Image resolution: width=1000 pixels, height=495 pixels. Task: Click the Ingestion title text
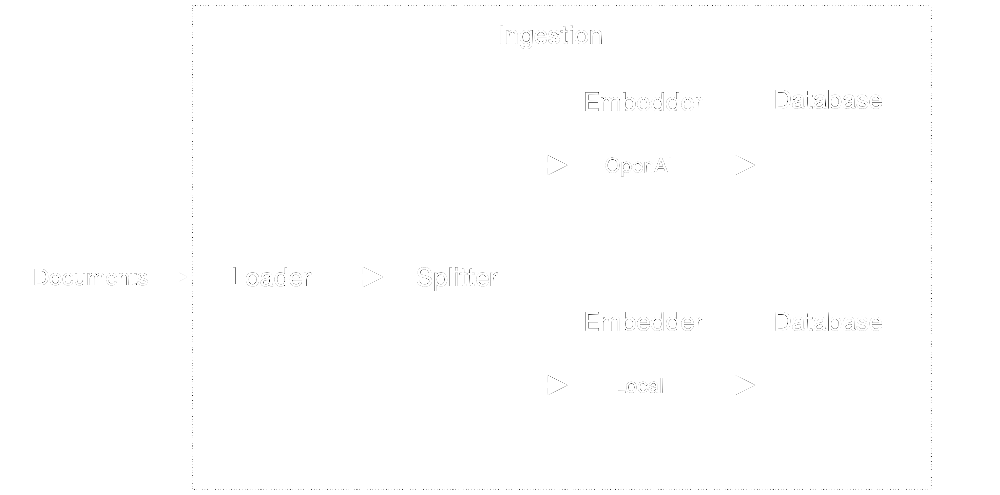550,35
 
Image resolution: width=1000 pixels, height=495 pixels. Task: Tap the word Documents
91,278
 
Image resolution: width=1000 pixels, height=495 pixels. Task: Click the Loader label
271,278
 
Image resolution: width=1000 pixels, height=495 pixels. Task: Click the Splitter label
457,278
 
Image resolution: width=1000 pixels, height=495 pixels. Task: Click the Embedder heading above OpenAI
643,102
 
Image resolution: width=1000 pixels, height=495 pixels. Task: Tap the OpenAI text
638,166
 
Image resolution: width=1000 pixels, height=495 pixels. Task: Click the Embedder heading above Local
643,322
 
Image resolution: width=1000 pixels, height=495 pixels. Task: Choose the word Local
639,385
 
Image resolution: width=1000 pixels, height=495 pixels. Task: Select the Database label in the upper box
828,100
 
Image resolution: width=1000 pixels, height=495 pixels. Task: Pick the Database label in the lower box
828,322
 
